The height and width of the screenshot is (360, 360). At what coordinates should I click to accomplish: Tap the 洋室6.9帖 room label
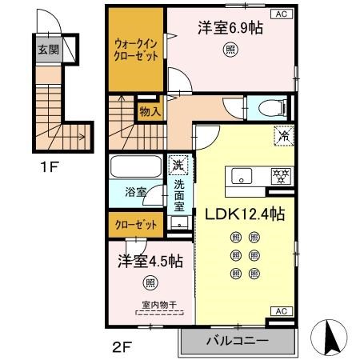pyautogui.click(x=230, y=28)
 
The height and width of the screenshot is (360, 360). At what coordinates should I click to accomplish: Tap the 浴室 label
pyautogui.click(x=135, y=193)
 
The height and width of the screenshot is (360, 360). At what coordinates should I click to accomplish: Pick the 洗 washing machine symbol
pyautogui.click(x=178, y=166)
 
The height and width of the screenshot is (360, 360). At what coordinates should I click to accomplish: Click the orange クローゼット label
pyautogui.click(x=135, y=226)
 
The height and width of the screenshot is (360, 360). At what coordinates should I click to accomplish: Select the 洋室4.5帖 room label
pyautogui.click(x=150, y=261)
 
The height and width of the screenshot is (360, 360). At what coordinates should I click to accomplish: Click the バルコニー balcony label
pyautogui.click(x=236, y=341)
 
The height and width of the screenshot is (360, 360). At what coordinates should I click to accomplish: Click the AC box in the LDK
pyautogui.click(x=282, y=310)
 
